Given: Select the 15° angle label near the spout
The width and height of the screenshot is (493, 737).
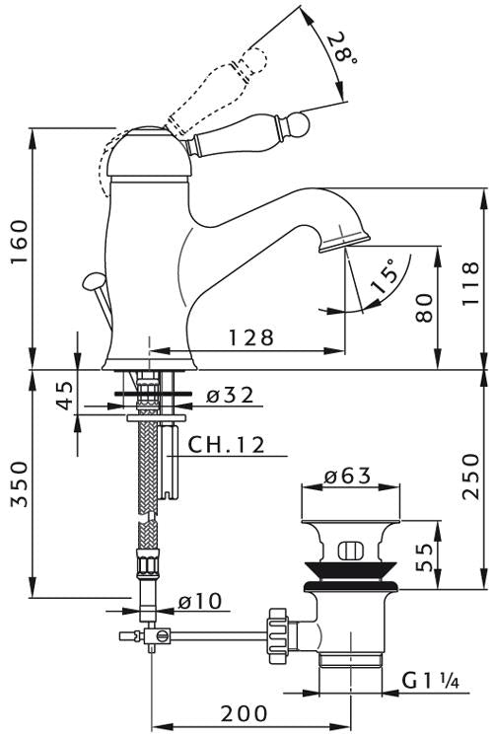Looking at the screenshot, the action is (x=384, y=276).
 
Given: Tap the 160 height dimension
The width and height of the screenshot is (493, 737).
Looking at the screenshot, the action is (x=20, y=242).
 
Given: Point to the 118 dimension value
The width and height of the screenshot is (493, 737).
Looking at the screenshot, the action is (x=470, y=283).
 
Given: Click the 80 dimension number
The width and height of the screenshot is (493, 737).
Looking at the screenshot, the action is (x=424, y=308).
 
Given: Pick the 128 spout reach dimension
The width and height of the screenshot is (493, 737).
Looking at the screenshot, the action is (x=251, y=337).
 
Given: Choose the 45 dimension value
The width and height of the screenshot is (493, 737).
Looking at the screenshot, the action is (x=66, y=396).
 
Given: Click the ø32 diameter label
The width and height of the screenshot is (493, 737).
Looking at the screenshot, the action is (x=230, y=396).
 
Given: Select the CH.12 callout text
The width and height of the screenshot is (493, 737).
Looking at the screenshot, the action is (x=227, y=445).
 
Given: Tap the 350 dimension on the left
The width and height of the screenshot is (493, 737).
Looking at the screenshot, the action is (x=20, y=484).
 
